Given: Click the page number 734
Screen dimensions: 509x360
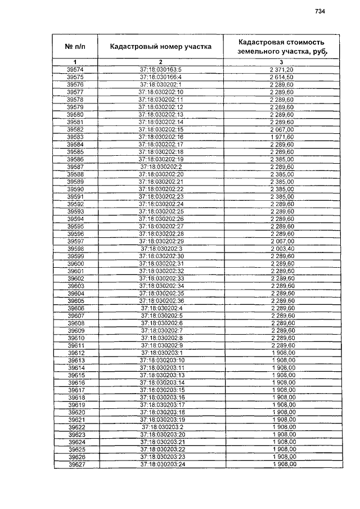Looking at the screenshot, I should [x=320, y=11].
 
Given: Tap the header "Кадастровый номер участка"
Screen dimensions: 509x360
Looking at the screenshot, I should [x=161, y=46].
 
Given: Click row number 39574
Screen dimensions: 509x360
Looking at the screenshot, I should [x=75, y=69].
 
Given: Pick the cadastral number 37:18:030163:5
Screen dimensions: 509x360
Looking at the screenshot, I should [x=161, y=69].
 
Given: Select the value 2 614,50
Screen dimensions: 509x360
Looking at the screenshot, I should [x=281, y=76].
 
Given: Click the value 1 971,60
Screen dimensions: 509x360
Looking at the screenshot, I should [x=281, y=137].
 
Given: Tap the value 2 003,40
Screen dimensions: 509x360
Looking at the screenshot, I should [x=281, y=248].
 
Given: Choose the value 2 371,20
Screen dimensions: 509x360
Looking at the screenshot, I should [x=281, y=69].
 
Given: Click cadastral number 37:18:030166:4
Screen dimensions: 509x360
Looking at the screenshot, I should [x=161, y=76].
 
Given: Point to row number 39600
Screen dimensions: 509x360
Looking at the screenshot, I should [x=75, y=263].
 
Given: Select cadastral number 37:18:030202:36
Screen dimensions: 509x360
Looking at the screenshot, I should [x=161, y=300].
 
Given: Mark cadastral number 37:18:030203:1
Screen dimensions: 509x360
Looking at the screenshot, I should [x=161, y=353].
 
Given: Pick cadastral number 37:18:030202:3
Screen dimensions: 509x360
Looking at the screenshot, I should [x=161, y=248].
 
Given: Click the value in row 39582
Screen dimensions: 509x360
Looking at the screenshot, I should [x=281, y=129].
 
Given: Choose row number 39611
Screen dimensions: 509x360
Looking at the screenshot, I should [x=75, y=345].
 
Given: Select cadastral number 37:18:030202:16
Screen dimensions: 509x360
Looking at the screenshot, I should [x=161, y=137].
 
